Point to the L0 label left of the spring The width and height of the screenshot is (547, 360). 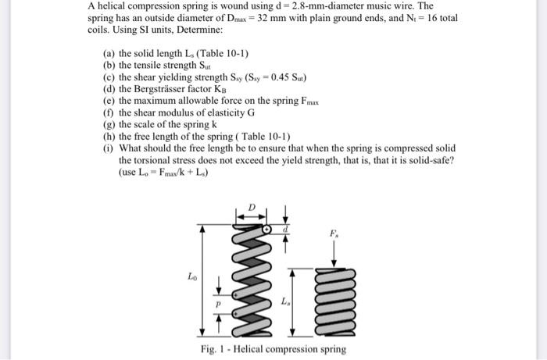tap(192, 275)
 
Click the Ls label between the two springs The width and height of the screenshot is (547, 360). tap(286, 301)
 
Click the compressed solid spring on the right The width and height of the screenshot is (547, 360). tap(335, 298)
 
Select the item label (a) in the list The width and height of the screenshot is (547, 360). tap(109, 53)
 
